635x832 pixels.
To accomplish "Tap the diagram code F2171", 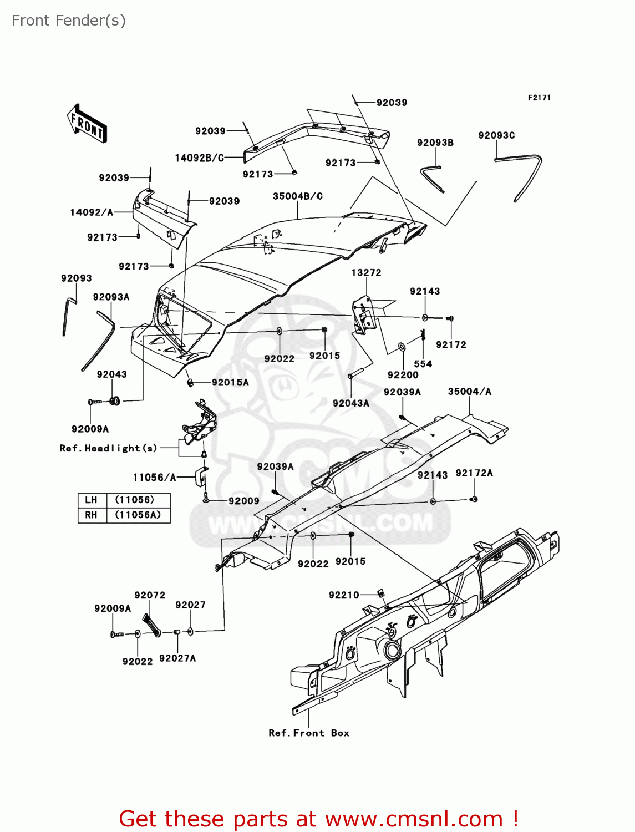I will [x=539, y=98].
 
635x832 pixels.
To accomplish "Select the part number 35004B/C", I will [x=298, y=196].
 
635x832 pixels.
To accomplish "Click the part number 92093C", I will [x=496, y=135].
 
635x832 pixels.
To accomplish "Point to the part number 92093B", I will [x=435, y=143].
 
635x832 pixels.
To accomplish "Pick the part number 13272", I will [x=366, y=273].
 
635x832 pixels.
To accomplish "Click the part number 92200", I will [x=403, y=375].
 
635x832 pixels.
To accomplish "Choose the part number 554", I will [x=423, y=364].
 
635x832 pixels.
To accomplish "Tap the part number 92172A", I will [x=474, y=473].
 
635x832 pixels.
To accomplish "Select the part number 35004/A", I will [x=469, y=392].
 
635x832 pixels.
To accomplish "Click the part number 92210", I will [x=344, y=595].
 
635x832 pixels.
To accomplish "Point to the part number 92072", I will [x=150, y=595].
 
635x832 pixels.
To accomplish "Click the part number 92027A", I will [x=177, y=658].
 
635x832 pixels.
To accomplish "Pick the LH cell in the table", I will [x=91, y=500].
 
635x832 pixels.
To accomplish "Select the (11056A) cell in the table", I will [x=138, y=515].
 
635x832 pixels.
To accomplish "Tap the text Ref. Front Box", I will [x=309, y=733].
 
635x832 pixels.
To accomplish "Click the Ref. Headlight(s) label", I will [x=109, y=448].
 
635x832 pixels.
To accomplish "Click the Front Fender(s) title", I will [x=69, y=21].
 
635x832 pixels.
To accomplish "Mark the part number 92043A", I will [x=351, y=403].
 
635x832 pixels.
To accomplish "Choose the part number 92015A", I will [x=230, y=382].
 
